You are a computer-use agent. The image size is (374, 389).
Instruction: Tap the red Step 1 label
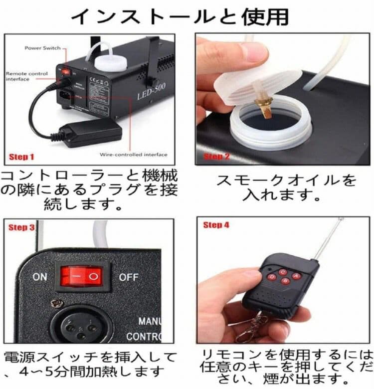21,157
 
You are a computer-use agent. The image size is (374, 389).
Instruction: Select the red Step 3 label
22,227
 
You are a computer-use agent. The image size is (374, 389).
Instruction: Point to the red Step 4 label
216,225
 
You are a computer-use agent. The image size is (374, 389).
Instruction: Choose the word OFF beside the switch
129,277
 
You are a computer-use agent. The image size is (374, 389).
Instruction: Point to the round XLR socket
77,327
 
